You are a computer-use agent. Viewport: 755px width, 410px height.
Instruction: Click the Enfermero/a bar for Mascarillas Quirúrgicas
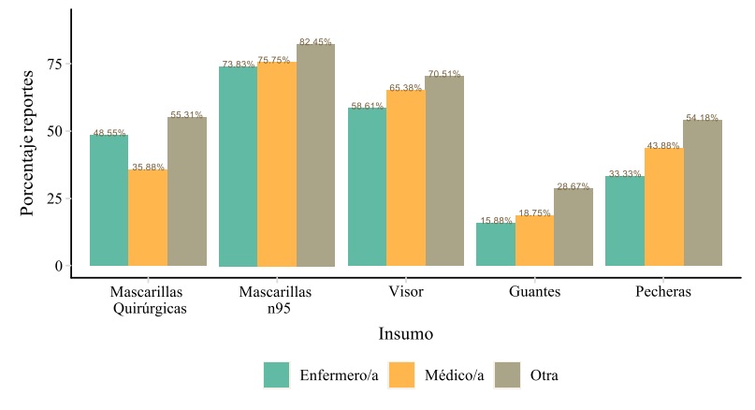click(x=109, y=200)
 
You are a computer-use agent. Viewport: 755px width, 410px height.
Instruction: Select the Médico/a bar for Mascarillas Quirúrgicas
click(x=148, y=218)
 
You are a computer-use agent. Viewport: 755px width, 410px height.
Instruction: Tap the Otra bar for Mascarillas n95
click(x=315, y=155)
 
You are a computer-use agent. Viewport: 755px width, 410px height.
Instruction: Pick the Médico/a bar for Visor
click(x=405, y=178)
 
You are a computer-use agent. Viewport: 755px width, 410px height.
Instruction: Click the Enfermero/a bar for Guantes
click(x=495, y=244)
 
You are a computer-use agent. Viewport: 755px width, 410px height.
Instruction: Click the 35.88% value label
click(x=148, y=167)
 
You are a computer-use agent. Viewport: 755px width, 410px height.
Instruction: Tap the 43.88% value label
click(x=663, y=145)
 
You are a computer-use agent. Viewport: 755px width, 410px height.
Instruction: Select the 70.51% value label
click(x=444, y=73)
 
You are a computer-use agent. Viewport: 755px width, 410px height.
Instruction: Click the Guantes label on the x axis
click(x=534, y=292)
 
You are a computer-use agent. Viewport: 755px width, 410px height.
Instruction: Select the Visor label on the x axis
click(x=405, y=292)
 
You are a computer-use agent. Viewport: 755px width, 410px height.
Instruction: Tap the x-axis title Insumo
click(x=405, y=333)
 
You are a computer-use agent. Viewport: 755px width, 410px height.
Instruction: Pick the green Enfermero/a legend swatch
click(x=278, y=375)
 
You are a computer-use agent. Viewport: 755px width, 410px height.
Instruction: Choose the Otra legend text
click(x=544, y=376)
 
